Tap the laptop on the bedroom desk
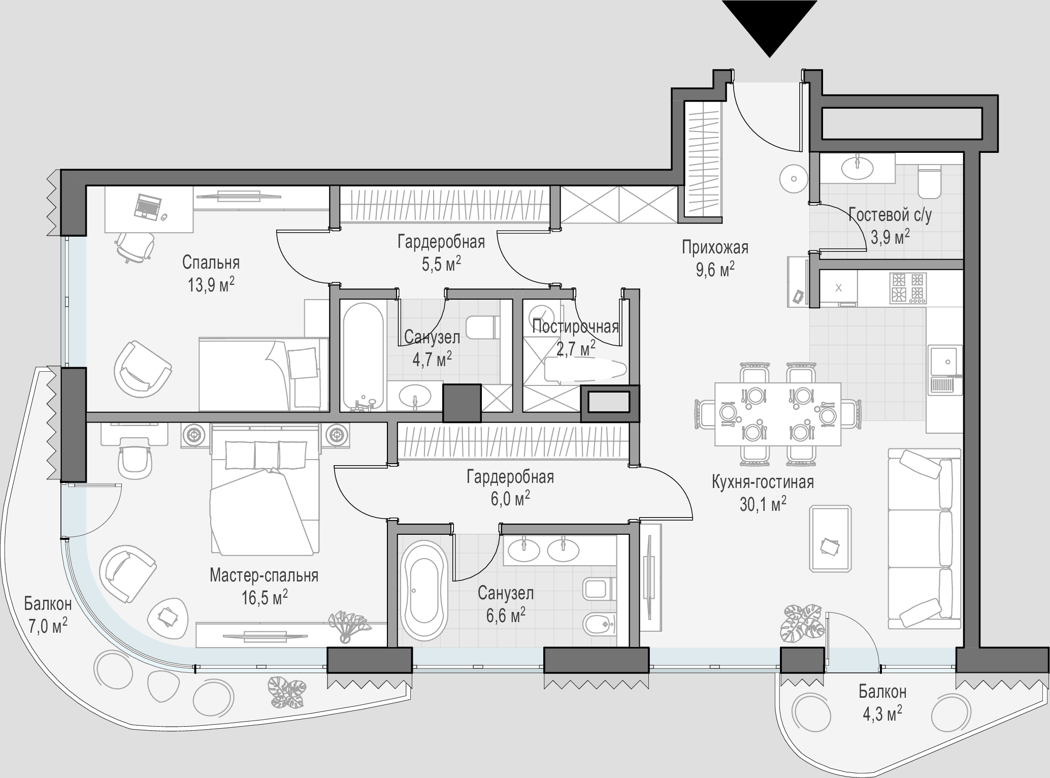coord(147,206)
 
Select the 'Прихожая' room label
coord(715,248)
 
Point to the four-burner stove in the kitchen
coord(908,288)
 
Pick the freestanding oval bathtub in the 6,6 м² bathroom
coord(424,592)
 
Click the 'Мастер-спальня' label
coord(264,575)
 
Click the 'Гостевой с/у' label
coord(890,216)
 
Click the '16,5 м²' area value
coord(265,597)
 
